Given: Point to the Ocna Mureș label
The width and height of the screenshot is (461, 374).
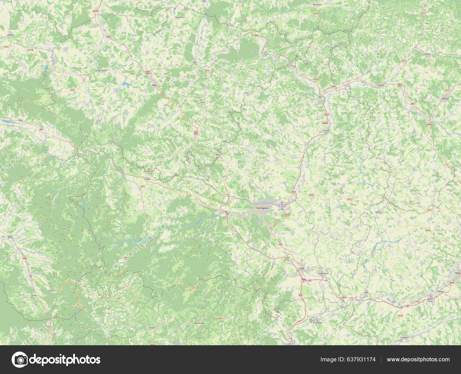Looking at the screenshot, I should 317,323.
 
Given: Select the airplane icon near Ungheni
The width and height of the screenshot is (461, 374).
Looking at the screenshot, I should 431,296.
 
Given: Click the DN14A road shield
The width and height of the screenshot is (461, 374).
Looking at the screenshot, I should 400,316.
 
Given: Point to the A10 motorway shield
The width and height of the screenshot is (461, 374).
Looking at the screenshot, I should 301,295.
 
